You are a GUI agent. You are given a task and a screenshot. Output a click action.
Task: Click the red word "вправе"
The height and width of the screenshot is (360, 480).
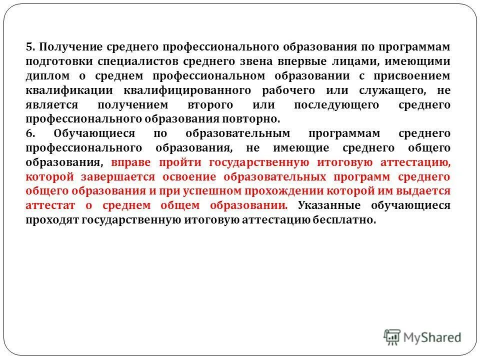click(x=131, y=163)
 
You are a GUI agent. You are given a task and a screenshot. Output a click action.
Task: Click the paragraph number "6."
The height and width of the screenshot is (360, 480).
click(x=30, y=134)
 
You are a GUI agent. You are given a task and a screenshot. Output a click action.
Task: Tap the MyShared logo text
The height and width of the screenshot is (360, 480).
click(x=432, y=337)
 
